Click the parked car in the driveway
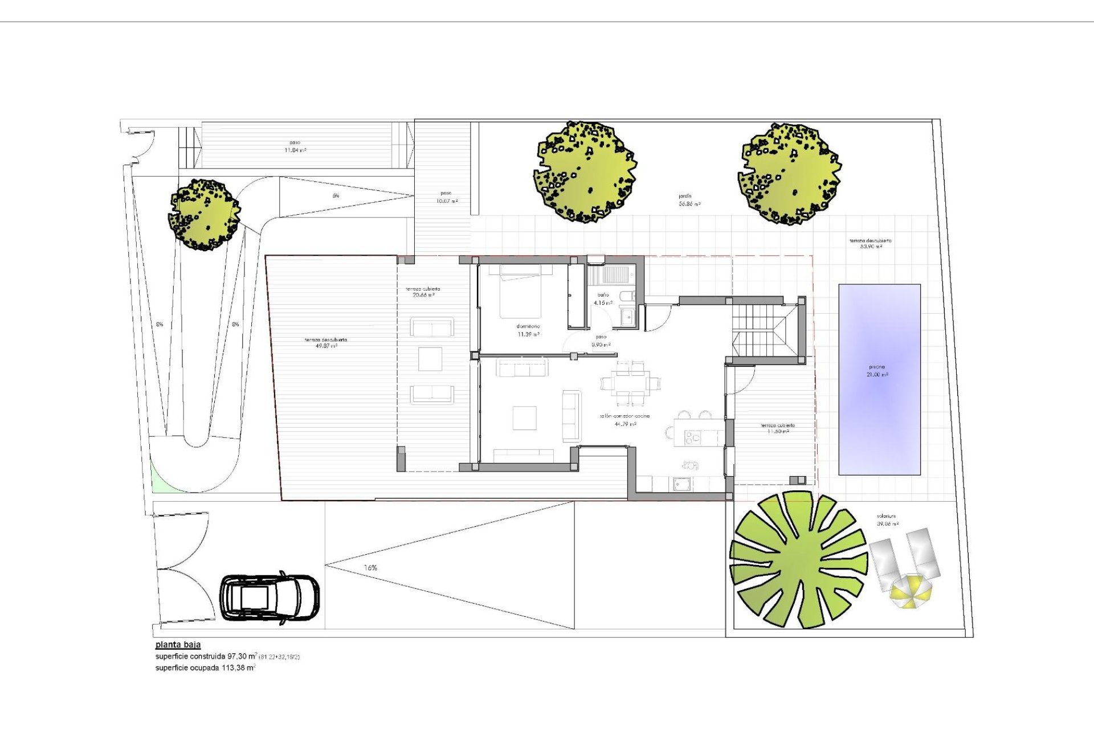[270, 597]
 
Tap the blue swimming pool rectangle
[879, 379]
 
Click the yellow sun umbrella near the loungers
[911, 592]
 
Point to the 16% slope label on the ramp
[370, 568]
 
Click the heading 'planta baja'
[178, 645]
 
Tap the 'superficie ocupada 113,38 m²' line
[205, 667]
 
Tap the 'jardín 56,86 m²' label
[689, 200]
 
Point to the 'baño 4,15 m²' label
[603, 299]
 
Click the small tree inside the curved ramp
[204, 215]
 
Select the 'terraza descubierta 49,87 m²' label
[325, 343]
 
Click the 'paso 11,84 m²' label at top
[295, 146]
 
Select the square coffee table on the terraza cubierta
[430, 359]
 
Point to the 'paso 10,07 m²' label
[446, 197]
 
